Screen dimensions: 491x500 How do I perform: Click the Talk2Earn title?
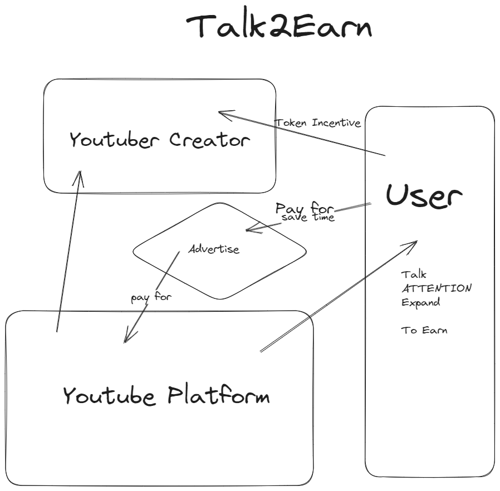(278, 26)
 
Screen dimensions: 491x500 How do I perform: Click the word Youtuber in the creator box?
(115, 140)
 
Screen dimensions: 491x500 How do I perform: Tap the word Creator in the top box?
(209, 140)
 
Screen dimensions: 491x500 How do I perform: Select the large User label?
(424, 195)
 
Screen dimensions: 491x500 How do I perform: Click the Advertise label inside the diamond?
(214, 249)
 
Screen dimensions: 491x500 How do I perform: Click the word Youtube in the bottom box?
(109, 396)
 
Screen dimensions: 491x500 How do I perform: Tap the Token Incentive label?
(318, 122)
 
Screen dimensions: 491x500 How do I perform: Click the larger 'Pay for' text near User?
(304, 209)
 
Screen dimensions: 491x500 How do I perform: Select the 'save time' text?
(308, 218)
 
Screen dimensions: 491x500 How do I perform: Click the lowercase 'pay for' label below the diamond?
(151, 297)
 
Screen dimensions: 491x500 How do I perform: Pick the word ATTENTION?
(437, 288)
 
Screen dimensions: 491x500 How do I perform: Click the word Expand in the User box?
(420, 303)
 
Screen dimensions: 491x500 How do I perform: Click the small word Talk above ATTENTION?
(414, 274)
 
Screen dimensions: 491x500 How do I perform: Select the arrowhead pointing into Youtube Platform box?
(126, 339)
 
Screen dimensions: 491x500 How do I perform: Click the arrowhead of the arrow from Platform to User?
(414, 243)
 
